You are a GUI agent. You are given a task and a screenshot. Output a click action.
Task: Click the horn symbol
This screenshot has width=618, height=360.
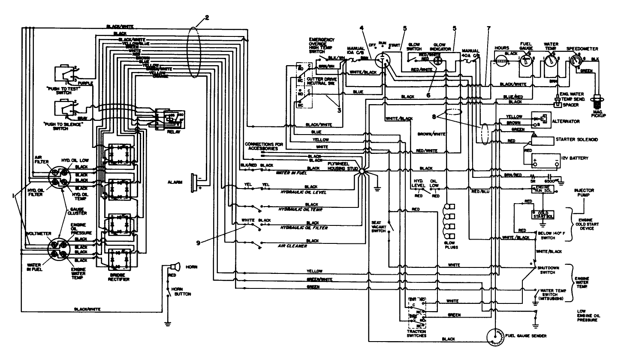(x=175, y=267)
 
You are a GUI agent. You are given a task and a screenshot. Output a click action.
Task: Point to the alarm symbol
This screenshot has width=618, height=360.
(x=194, y=182)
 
